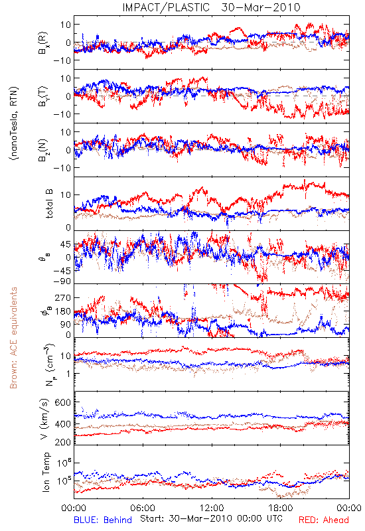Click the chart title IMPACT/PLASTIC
[x=166, y=7]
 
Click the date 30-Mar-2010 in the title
[x=261, y=7]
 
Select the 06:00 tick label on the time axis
[x=143, y=508]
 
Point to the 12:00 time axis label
[x=212, y=508]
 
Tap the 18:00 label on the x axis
[x=281, y=508]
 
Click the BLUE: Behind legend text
[x=103, y=520]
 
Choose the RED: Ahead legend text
[x=324, y=520]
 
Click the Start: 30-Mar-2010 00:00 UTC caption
[x=211, y=518]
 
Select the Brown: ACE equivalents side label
[x=13, y=338]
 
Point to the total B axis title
[x=49, y=204]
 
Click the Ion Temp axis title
[x=46, y=472]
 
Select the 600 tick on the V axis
[x=63, y=402]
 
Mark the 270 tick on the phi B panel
[x=63, y=297]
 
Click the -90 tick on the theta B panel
[x=62, y=281]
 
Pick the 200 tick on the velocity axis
[x=63, y=442]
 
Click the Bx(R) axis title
[x=43, y=42]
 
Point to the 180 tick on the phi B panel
[x=63, y=311]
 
